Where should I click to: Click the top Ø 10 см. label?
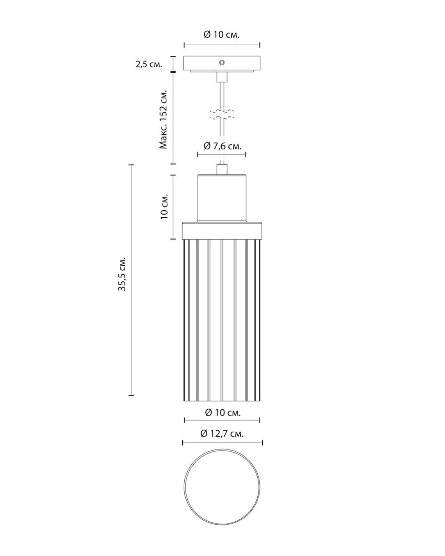coord(221,35)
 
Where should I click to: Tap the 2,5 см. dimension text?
coord(149,64)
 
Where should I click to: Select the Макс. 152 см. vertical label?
coord(164,120)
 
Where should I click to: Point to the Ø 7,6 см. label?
coord(222,146)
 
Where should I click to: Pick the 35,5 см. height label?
coord(122,274)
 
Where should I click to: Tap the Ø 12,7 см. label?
coord(222,433)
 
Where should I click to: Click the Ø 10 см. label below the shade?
coord(222,412)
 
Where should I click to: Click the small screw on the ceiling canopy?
coord(222,62)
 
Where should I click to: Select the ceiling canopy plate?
coord(222,64)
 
